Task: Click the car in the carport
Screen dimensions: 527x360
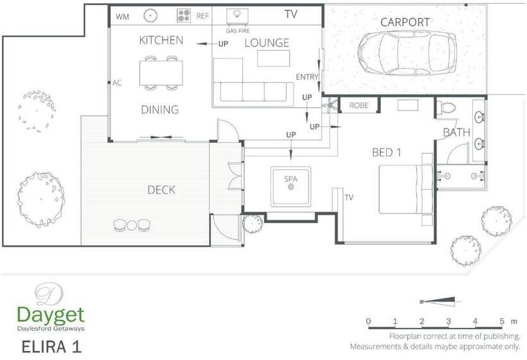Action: [x=407, y=53]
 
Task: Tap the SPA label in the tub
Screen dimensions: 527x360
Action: [x=290, y=179]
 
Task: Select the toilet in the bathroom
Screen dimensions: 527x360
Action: [x=446, y=108]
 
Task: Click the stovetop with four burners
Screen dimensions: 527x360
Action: [x=184, y=15]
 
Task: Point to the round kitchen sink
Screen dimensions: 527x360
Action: [x=150, y=15]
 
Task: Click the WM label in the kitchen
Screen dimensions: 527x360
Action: [x=122, y=17]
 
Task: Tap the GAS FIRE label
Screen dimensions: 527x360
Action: [x=238, y=31]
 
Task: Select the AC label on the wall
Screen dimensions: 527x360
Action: [x=117, y=83]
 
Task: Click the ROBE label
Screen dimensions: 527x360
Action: [x=359, y=105]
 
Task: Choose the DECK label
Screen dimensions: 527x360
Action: [x=161, y=190]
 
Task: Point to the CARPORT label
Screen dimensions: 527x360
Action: [x=405, y=22]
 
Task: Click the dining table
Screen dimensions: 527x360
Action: [x=161, y=73]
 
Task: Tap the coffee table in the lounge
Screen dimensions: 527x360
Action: [x=274, y=59]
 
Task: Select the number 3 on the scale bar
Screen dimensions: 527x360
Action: [x=449, y=321]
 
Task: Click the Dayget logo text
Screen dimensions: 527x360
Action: [x=50, y=315]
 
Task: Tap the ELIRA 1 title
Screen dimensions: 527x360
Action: [x=51, y=346]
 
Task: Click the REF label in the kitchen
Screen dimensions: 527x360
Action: [x=202, y=16]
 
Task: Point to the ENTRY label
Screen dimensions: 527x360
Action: [x=307, y=77]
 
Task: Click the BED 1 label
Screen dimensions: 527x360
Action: [x=386, y=152]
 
